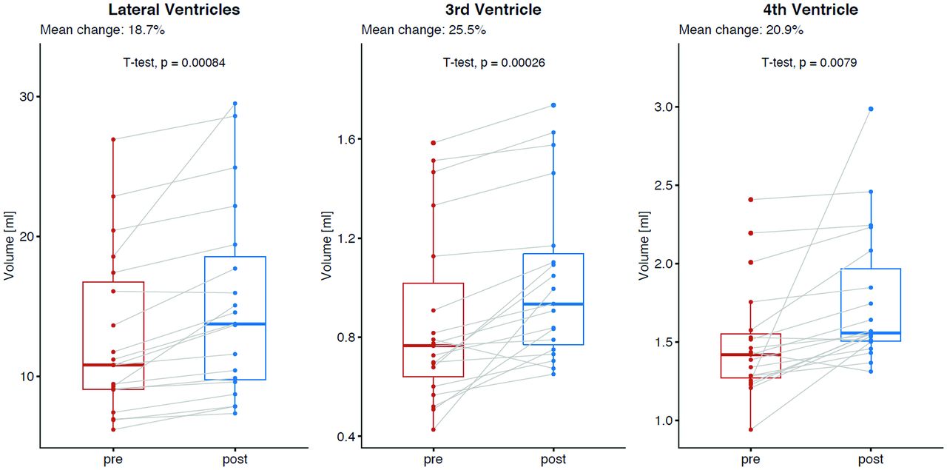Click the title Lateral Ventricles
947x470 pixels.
tap(174, 10)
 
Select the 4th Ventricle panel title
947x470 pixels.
tap(810, 10)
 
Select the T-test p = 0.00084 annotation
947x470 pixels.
tap(174, 64)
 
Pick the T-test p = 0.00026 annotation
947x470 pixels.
tap(493, 64)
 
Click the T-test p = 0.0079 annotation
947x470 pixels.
tap(809, 64)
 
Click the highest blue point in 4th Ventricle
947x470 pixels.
tap(871, 109)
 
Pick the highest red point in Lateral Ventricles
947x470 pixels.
tap(113, 139)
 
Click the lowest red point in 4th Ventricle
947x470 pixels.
tap(750, 429)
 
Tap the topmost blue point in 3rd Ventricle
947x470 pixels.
tap(553, 105)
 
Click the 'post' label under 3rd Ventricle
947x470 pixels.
tap(553, 460)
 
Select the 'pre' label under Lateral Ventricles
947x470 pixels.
tap(113, 460)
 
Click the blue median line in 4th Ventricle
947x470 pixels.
tap(871, 333)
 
